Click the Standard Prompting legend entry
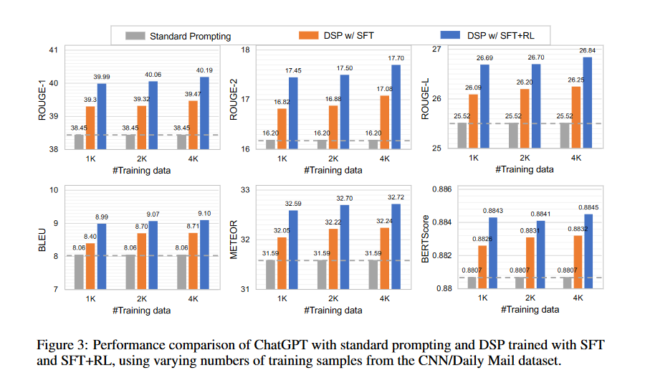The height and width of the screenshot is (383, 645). pos(190,34)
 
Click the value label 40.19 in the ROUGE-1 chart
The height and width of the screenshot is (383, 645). pos(205,70)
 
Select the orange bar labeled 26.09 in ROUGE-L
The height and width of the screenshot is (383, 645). pos(473,120)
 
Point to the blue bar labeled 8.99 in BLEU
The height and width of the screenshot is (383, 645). pos(102,256)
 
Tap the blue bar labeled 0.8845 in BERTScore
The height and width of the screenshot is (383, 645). pos(588,251)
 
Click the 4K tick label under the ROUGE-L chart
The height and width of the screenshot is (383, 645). pos(577,158)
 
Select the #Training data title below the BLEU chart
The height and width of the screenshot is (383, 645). pos(141,311)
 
